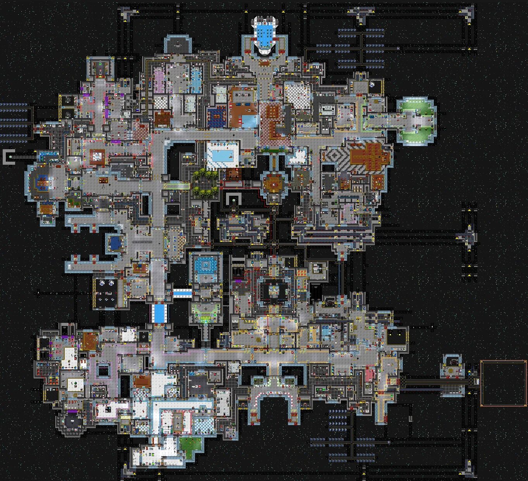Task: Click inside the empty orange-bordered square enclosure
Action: [503, 383]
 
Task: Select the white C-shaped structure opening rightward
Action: [8, 157]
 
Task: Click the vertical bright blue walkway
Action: [159, 312]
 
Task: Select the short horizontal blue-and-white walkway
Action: [182, 293]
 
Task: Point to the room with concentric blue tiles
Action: [206, 265]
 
